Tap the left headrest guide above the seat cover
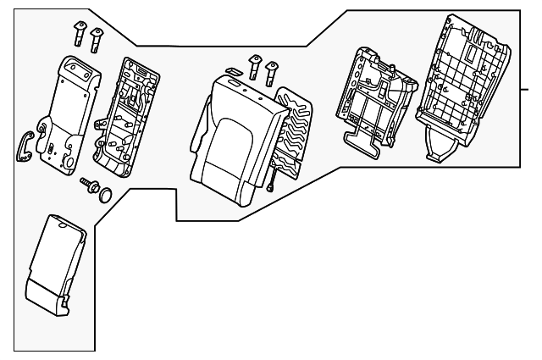click(x=253, y=64)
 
